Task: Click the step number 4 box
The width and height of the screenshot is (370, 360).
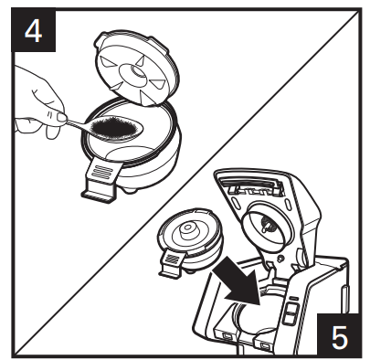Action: click(34, 30)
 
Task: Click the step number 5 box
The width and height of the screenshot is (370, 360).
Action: click(337, 334)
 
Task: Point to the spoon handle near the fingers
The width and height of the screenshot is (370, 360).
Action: click(76, 123)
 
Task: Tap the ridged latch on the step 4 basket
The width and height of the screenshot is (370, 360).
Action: click(102, 173)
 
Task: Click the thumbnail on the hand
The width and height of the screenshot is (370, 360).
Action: click(62, 117)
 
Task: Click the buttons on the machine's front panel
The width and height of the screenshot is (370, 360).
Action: click(290, 312)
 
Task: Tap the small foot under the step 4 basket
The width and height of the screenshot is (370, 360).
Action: click(130, 191)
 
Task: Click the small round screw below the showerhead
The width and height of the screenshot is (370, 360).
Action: click(280, 259)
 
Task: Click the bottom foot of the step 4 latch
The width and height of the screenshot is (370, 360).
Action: click(98, 195)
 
